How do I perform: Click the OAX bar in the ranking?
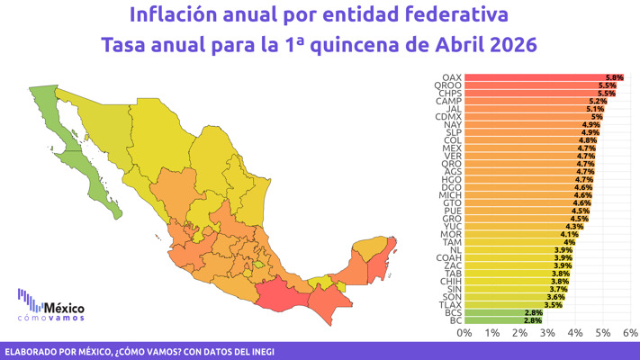coord(540,77)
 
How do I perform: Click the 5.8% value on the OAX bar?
coord(615,77)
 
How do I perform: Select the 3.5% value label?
coord(552,305)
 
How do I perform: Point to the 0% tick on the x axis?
coord(464,333)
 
